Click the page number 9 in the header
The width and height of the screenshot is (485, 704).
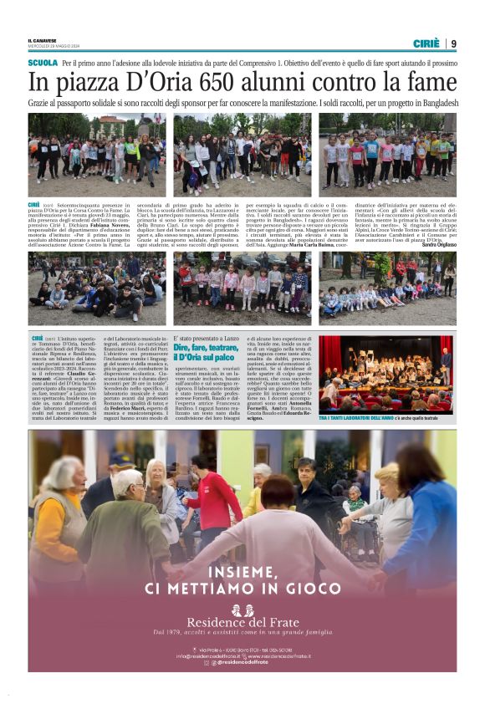[x=453, y=43]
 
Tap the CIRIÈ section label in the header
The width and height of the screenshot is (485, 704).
[x=427, y=43]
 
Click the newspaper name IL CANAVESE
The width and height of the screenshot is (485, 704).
[x=41, y=41]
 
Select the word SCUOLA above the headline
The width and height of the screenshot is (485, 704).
[x=43, y=64]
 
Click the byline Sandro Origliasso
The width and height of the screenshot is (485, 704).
[x=439, y=245]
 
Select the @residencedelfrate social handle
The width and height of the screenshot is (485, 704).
[x=248, y=662]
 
